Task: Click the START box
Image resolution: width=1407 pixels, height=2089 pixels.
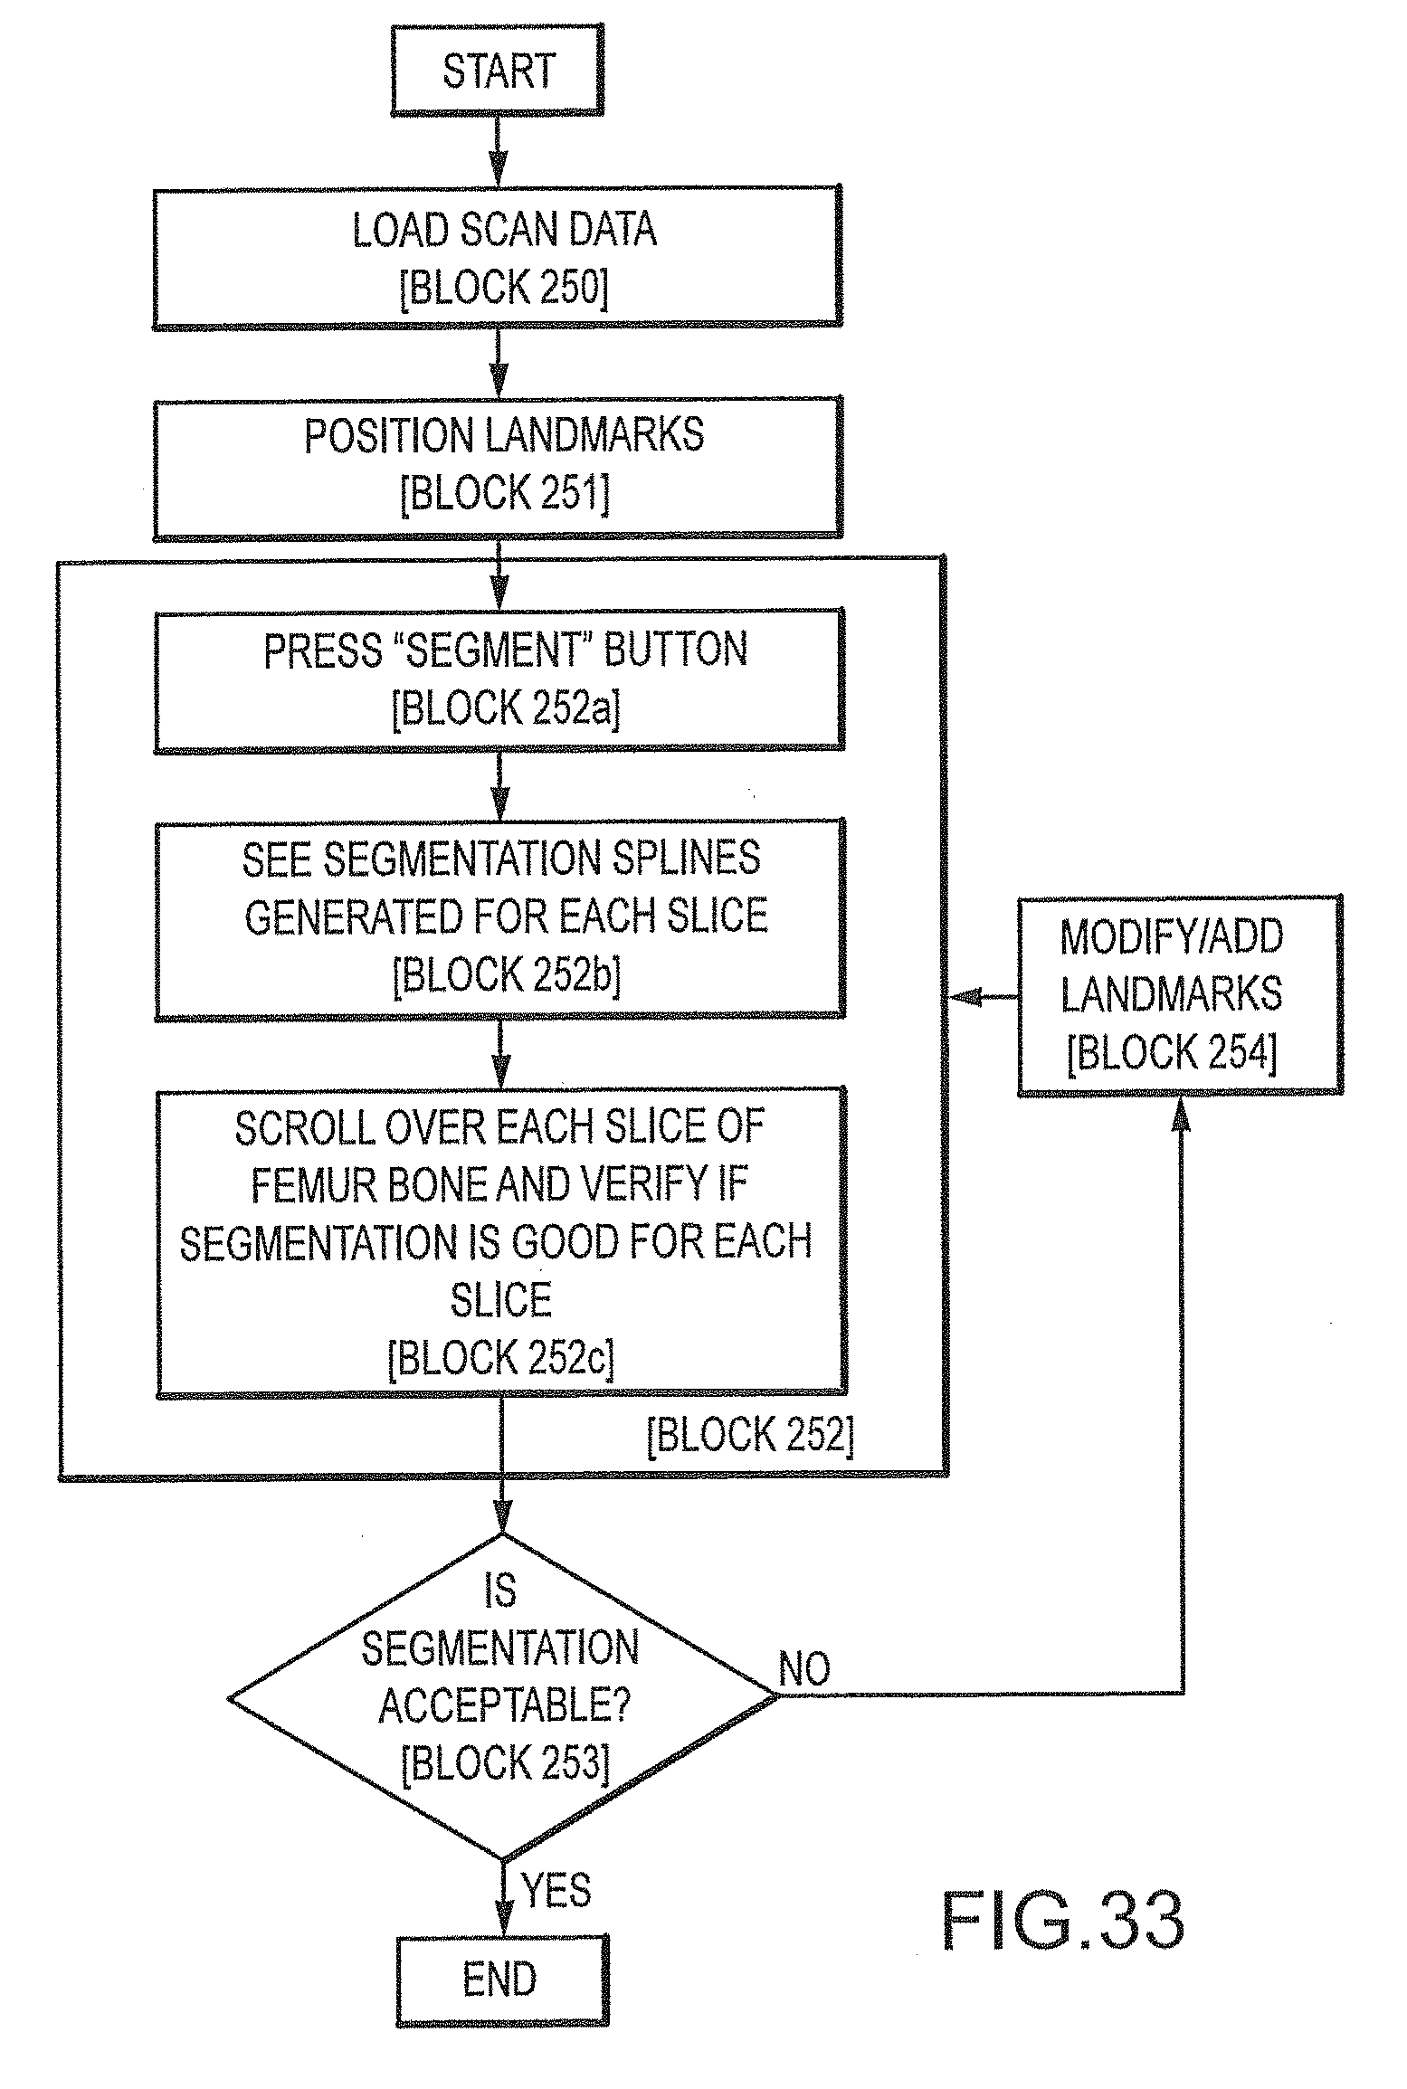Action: [497, 71]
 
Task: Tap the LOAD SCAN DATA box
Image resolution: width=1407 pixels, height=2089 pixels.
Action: [498, 258]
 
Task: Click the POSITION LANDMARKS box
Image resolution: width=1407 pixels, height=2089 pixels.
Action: [498, 468]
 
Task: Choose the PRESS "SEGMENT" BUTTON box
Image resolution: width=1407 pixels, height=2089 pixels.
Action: [499, 680]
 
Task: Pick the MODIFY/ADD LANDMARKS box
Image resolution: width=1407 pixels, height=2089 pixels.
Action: [1180, 996]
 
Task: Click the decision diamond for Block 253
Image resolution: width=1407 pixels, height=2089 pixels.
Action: [502, 1697]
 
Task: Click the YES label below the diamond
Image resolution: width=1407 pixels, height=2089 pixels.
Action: [556, 1892]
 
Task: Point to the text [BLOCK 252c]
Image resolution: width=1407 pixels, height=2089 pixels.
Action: [501, 1359]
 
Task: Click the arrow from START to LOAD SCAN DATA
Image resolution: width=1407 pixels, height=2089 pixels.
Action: [498, 152]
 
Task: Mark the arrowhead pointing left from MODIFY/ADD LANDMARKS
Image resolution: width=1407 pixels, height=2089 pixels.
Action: [965, 997]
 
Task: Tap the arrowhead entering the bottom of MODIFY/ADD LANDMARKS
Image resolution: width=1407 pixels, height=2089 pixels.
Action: [1181, 1113]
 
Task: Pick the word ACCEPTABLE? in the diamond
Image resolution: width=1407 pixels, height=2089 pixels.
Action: [504, 1706]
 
